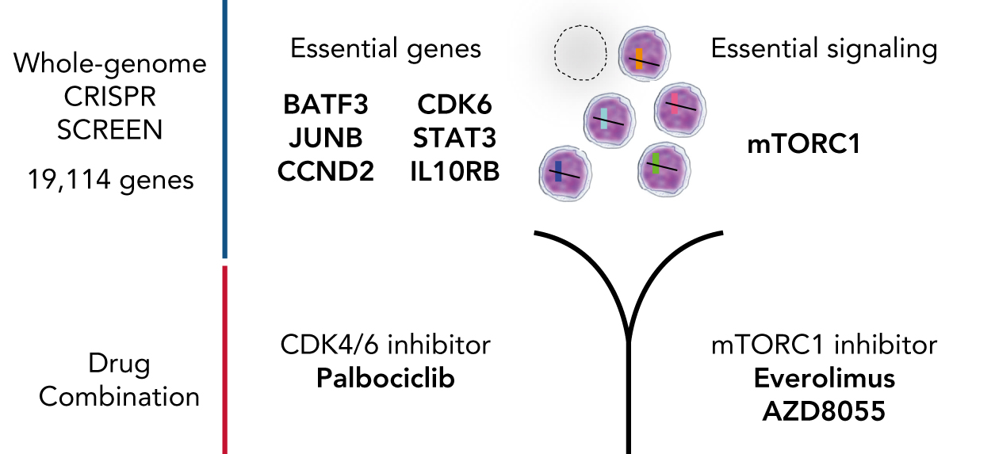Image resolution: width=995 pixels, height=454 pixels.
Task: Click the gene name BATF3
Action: coord(325,105)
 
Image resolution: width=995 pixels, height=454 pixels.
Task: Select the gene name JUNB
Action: coord(325,138)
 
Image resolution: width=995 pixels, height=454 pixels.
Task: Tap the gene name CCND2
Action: coord(325,171)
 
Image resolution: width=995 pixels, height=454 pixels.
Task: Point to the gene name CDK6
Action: coord(454,105)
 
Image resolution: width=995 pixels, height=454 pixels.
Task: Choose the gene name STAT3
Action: coord(454,138)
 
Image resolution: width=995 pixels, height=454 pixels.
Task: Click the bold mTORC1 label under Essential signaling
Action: coord(803,147)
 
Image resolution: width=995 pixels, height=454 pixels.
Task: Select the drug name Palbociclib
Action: coord(385,378)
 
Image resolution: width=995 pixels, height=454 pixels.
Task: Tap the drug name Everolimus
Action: coord(825,378)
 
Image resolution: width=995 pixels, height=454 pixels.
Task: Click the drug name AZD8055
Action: coord(825,411)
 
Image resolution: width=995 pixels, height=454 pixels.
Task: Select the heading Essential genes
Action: coord(385,49)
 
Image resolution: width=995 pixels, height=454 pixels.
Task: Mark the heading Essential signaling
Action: coord(825,49)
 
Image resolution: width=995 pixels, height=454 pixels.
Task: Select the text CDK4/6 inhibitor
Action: coord(385,345)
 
